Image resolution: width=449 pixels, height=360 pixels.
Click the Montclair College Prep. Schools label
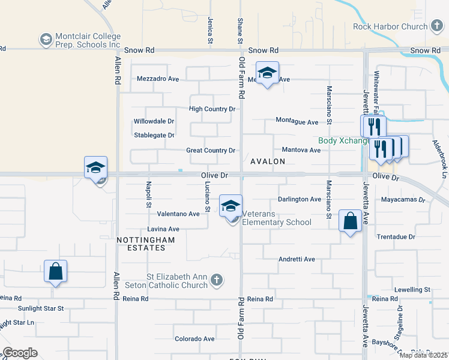pyautogui.click(x=86, y=41)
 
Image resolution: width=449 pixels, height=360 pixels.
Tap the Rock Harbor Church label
pyautogui.click(x=390, y=26)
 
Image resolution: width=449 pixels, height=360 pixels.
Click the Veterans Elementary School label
pyautogui.click(x=276, y=223)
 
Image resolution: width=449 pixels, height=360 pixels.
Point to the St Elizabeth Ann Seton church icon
pyautogui.click(x=217, y=280)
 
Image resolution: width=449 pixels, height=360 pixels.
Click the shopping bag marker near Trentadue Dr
pyautogui.click(x=351, y=220)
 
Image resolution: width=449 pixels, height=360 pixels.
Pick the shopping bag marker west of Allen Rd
pyautogui.click(x=55, y=271)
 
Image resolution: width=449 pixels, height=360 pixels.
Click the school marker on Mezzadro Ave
pyautogui.click(x=267, y=73)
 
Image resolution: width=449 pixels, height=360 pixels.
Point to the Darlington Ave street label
pyautogui.click(x=300, y=199)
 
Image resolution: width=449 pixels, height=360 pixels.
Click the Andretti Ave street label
pyautogui.click(x=297, y=259)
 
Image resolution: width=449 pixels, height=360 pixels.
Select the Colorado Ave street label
pyautogui.click(x=194, y=339)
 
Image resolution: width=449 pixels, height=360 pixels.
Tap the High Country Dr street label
pyautogui.click(x=212, y=109)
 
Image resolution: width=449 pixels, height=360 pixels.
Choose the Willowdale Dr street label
pyautogui.click(x=154, y=121)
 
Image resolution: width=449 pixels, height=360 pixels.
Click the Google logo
pyautogui.click(x=20, y=353)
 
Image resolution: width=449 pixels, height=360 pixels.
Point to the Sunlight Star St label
pyautogui.click(x=41, y=308)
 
